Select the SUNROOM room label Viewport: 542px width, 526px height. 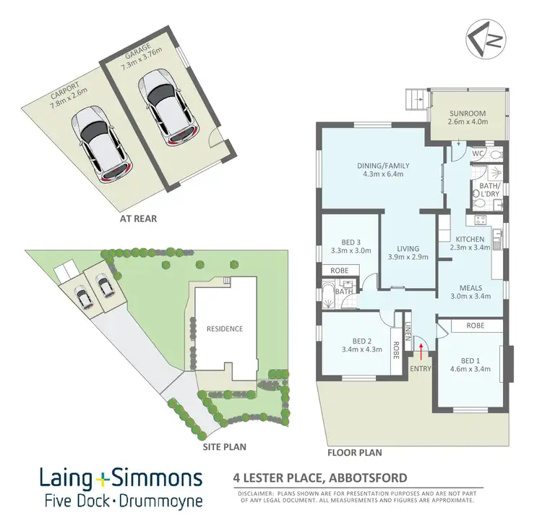pyautogui.click(x=468, y=114)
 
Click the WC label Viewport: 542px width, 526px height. pyautogui.click(x=476, y=154)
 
